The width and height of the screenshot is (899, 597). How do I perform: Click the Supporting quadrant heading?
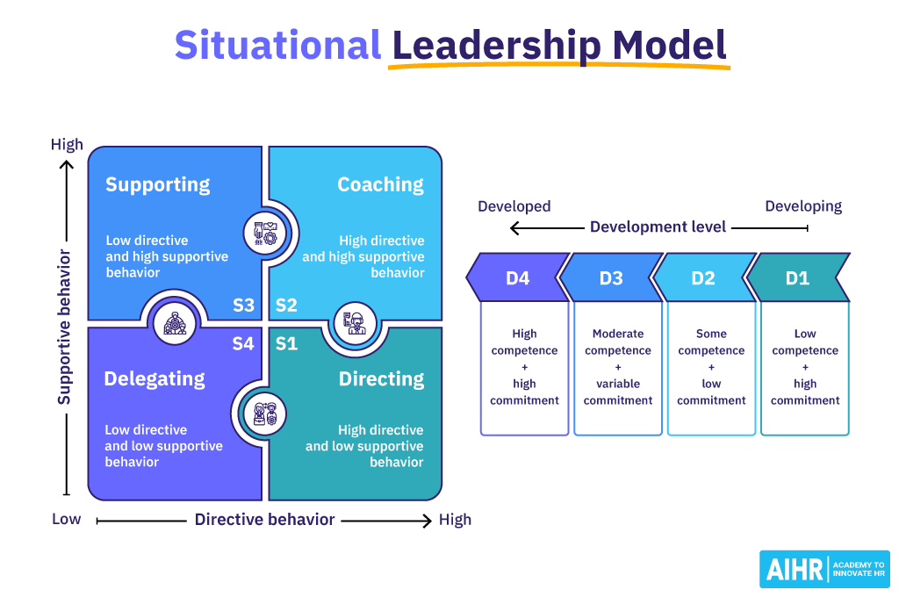[158, 184]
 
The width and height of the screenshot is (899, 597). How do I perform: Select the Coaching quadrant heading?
[380, 184]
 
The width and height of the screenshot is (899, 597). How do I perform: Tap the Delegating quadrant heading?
[155, 379]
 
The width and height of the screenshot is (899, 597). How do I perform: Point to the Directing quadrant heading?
[381, 379]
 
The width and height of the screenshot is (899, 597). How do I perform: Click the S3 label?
[243, 306]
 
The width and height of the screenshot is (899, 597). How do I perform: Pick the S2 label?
[286, 306]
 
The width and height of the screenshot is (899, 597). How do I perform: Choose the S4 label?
[243, 343]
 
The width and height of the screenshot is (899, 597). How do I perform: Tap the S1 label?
[286, 343]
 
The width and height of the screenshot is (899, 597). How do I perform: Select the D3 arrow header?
[611, 278]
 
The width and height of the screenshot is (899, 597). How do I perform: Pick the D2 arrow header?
[703, 278]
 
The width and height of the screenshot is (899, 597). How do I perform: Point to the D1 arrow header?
[797, 278]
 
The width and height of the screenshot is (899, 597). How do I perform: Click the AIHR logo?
[824, 569]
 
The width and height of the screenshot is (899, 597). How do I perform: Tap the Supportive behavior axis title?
[64, 327]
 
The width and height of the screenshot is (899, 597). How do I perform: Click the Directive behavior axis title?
[264, 520]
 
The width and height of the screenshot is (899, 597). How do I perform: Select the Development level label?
[658, 227]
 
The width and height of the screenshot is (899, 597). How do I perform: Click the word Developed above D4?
[514, 206]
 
